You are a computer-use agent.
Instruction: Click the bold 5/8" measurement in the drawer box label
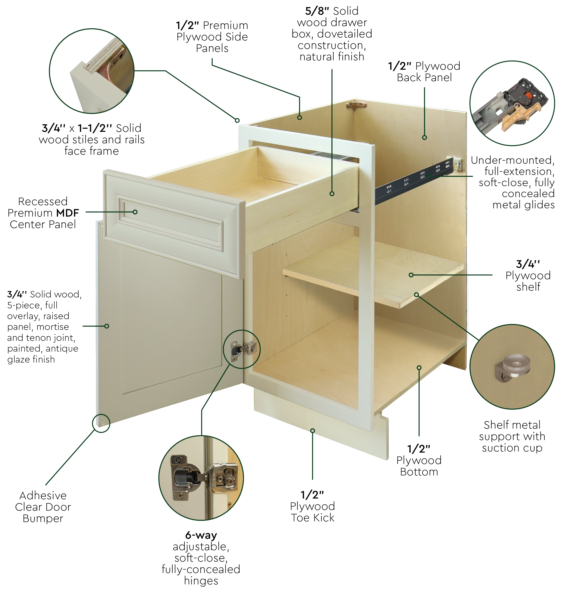317,11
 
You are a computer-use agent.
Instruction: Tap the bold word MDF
68,213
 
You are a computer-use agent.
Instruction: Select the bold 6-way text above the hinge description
201,535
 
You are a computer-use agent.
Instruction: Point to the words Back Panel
424,78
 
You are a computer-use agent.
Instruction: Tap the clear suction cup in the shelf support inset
516,365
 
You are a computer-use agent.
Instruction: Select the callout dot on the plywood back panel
424,138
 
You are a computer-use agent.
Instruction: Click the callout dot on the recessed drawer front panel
135,212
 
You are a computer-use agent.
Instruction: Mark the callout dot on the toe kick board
313,431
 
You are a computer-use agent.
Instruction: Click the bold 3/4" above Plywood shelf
528,264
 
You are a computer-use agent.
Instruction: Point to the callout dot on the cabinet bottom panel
419,368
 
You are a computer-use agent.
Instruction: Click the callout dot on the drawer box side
332,194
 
